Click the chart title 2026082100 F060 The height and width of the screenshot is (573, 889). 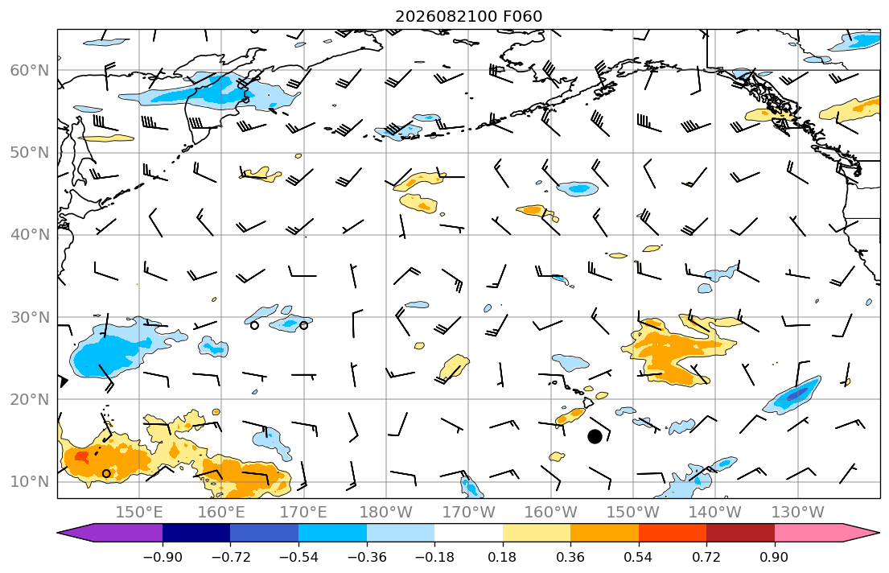(x=468, y=16)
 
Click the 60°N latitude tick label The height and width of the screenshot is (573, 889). (x=30, y=70)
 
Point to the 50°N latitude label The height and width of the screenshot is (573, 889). (x=30, y=153)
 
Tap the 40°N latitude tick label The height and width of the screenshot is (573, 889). (x=30, y=234)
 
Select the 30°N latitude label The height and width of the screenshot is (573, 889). (x=30, y=317)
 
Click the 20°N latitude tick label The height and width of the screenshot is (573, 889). (x=30, y=399)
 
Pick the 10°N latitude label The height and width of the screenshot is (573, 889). (x=30, y=482)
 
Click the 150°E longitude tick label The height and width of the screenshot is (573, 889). (x=139, y=513)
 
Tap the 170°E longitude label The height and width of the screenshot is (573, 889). (x=304, y=513)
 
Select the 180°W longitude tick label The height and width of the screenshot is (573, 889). (x=386, y=513)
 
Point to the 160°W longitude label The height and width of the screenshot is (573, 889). (x=551, y=513)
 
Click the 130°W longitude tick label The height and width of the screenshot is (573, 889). (x=798, y=513)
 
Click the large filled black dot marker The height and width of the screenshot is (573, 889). (x=595, y=436)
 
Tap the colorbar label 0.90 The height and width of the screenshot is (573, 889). (x=775, y=557)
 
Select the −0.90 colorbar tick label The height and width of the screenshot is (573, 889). (x=163, y=557)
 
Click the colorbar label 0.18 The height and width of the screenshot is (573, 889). (x=502, y=557)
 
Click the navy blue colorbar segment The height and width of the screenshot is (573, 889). (x=196, y=533)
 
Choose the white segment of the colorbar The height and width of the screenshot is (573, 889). (x=468, y=533)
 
